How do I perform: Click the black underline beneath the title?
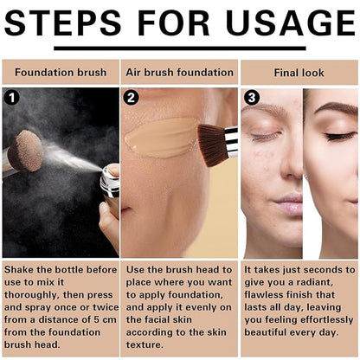click(180, 48)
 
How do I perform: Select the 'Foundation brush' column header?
click(61, 73)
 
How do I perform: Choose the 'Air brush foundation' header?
click(179, 73)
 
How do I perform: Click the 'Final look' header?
click(299, 73)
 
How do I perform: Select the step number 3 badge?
click(252, 98)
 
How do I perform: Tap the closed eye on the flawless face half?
click(338, 136)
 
